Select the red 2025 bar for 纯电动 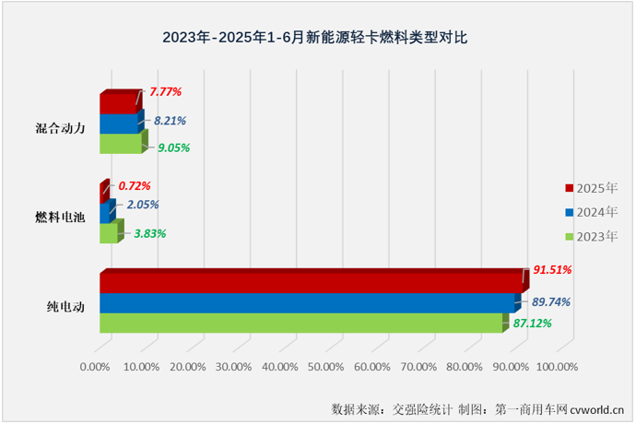[309, 282]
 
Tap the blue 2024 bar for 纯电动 [306, 303]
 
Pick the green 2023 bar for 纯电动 [300, 323]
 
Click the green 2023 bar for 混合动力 [121, 144]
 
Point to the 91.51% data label [553, 270]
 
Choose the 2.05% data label [141, 205]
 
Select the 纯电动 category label [66, 307]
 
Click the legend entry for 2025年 [591, 188]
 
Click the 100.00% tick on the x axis [556, 367]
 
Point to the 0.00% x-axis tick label [96, 367]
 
